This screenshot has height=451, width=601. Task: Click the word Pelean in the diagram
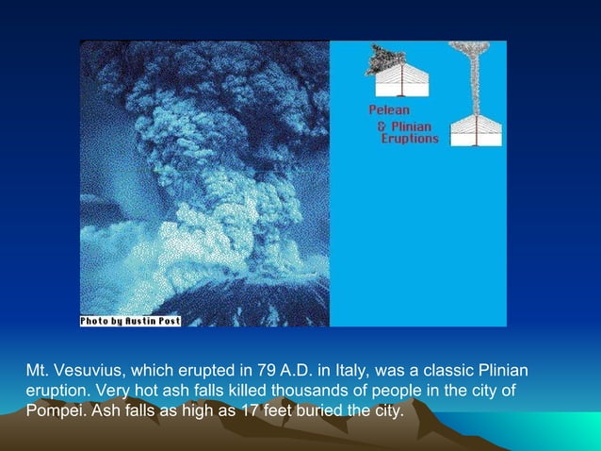pyautogui.click(x=388, y=111)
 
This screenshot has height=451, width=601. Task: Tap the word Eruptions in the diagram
pyautogui.click(x=409, y=138)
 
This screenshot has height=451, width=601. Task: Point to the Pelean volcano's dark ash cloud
pyautogui.click(x=383, y=59)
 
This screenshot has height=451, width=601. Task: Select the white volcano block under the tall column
pyautogui.click(x=476, y=130)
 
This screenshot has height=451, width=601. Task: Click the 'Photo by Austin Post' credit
pyautogui.click(x=130, y=321)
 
